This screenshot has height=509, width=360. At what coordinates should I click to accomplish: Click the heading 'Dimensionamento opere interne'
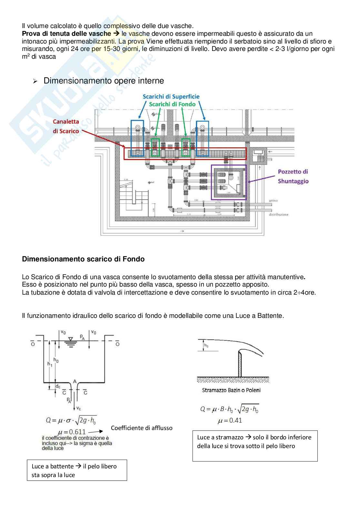coord(104,81)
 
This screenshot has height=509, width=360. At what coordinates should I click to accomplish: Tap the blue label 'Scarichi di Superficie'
coord(171,97)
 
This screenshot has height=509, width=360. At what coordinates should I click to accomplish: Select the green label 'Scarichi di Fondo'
coord(172,104)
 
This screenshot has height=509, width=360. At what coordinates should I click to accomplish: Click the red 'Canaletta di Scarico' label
coord(66,126)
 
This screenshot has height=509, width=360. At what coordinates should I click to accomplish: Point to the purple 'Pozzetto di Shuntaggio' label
coord(293,176)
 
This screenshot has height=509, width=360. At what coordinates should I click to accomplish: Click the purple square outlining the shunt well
coord(229,182)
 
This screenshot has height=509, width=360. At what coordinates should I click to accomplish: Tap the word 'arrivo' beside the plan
coord(273,201)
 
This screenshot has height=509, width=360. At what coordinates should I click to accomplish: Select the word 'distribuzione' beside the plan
coord(279,214)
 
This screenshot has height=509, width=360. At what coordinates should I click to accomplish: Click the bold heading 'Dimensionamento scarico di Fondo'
coord(83,259)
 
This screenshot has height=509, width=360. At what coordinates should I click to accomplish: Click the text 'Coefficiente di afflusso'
coord(142,428)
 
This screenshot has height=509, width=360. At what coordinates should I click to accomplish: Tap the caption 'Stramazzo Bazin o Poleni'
coord(231,390)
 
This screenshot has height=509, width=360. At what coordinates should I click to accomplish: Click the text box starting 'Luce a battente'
coord(77,470)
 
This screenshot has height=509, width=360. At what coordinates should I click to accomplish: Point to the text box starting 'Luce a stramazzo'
coord(255,446)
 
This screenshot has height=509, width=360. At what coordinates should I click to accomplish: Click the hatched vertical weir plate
coord(240,364)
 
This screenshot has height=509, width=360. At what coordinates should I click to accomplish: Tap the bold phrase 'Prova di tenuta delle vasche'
coord(66,34)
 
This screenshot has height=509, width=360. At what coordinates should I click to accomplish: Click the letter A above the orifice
coord(75,381)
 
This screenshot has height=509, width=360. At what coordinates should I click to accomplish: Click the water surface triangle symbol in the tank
coord(71,339)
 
